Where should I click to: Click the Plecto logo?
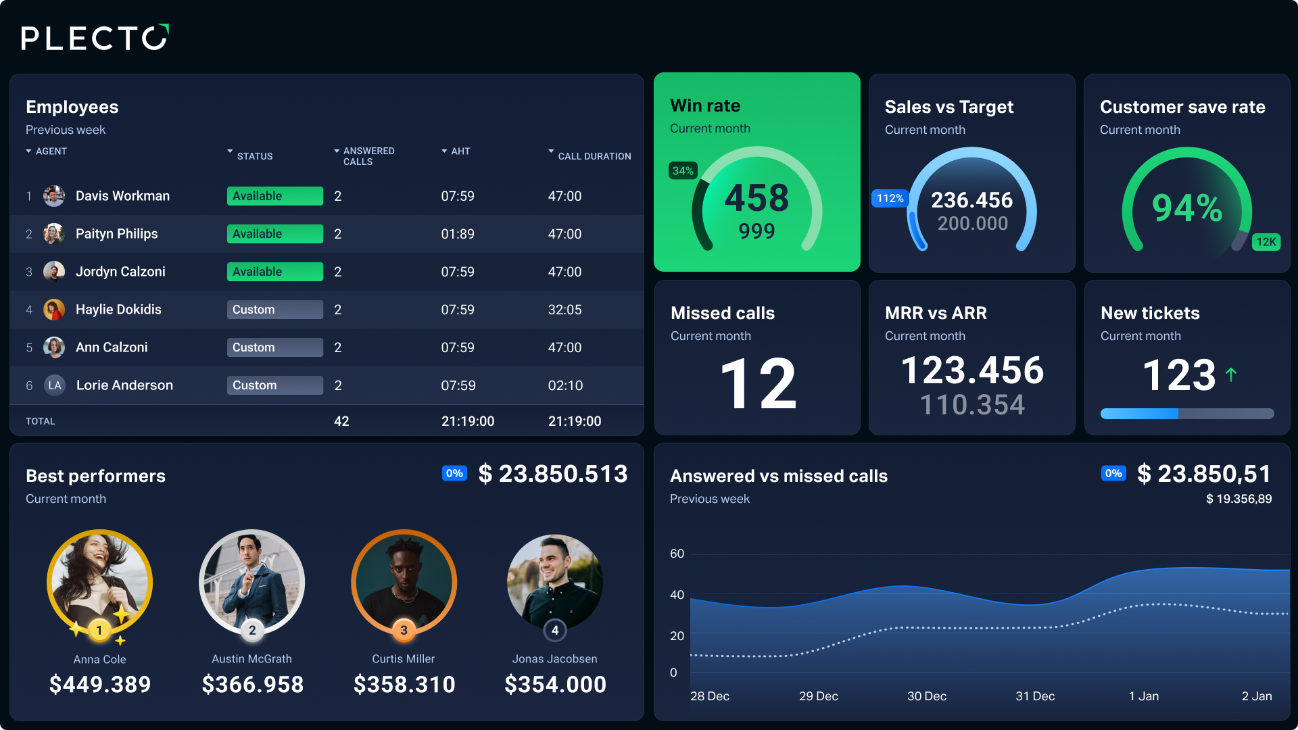coord(95,38)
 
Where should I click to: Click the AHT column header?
coord(460,151)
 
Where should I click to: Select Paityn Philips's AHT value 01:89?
coord(458,234)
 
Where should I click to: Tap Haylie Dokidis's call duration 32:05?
coord(564,310)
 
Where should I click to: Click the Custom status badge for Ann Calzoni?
coord(274,347)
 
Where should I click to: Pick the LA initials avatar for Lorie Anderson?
coord(55,385)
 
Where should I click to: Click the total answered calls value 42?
coord(341,421)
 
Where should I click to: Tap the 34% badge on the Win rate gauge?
coord(683,171)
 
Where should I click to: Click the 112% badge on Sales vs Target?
coord(890,199)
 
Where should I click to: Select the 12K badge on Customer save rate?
coord(1266,242)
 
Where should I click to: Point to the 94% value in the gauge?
coord(1187,208)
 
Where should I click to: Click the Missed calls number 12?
coord(758,383)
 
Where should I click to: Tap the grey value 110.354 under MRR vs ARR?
coord(972,405)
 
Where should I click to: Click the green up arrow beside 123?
coord(1231,374)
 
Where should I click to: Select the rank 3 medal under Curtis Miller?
coord(404,630)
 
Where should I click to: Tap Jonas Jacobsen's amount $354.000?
coord(555,685)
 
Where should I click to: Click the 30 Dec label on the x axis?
coord(926,696)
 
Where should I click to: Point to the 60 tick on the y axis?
coord(677,554)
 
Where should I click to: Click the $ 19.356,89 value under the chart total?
coord(1239,499)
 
